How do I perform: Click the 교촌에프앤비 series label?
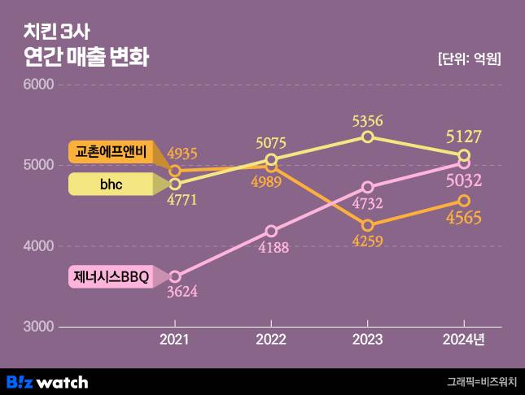click(x=111, y=152)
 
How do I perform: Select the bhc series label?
click(x=111, y=185)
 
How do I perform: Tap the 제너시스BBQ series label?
click(x=111, y=277)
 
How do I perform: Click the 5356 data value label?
click(x=368, y=121)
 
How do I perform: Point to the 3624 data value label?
click(x=182, y=292)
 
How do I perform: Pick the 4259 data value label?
click(x=368, y=241)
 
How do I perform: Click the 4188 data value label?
click(x=273, y=247)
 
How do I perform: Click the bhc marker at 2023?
click(x=368, y=137)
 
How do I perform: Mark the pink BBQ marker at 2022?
click(x=271, y=231)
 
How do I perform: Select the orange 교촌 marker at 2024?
click(x=464, y=200)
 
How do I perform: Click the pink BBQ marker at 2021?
click(x=174, y=276)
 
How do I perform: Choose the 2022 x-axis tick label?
click(x=271, y=340)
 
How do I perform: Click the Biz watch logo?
click(x=47, y=382)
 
